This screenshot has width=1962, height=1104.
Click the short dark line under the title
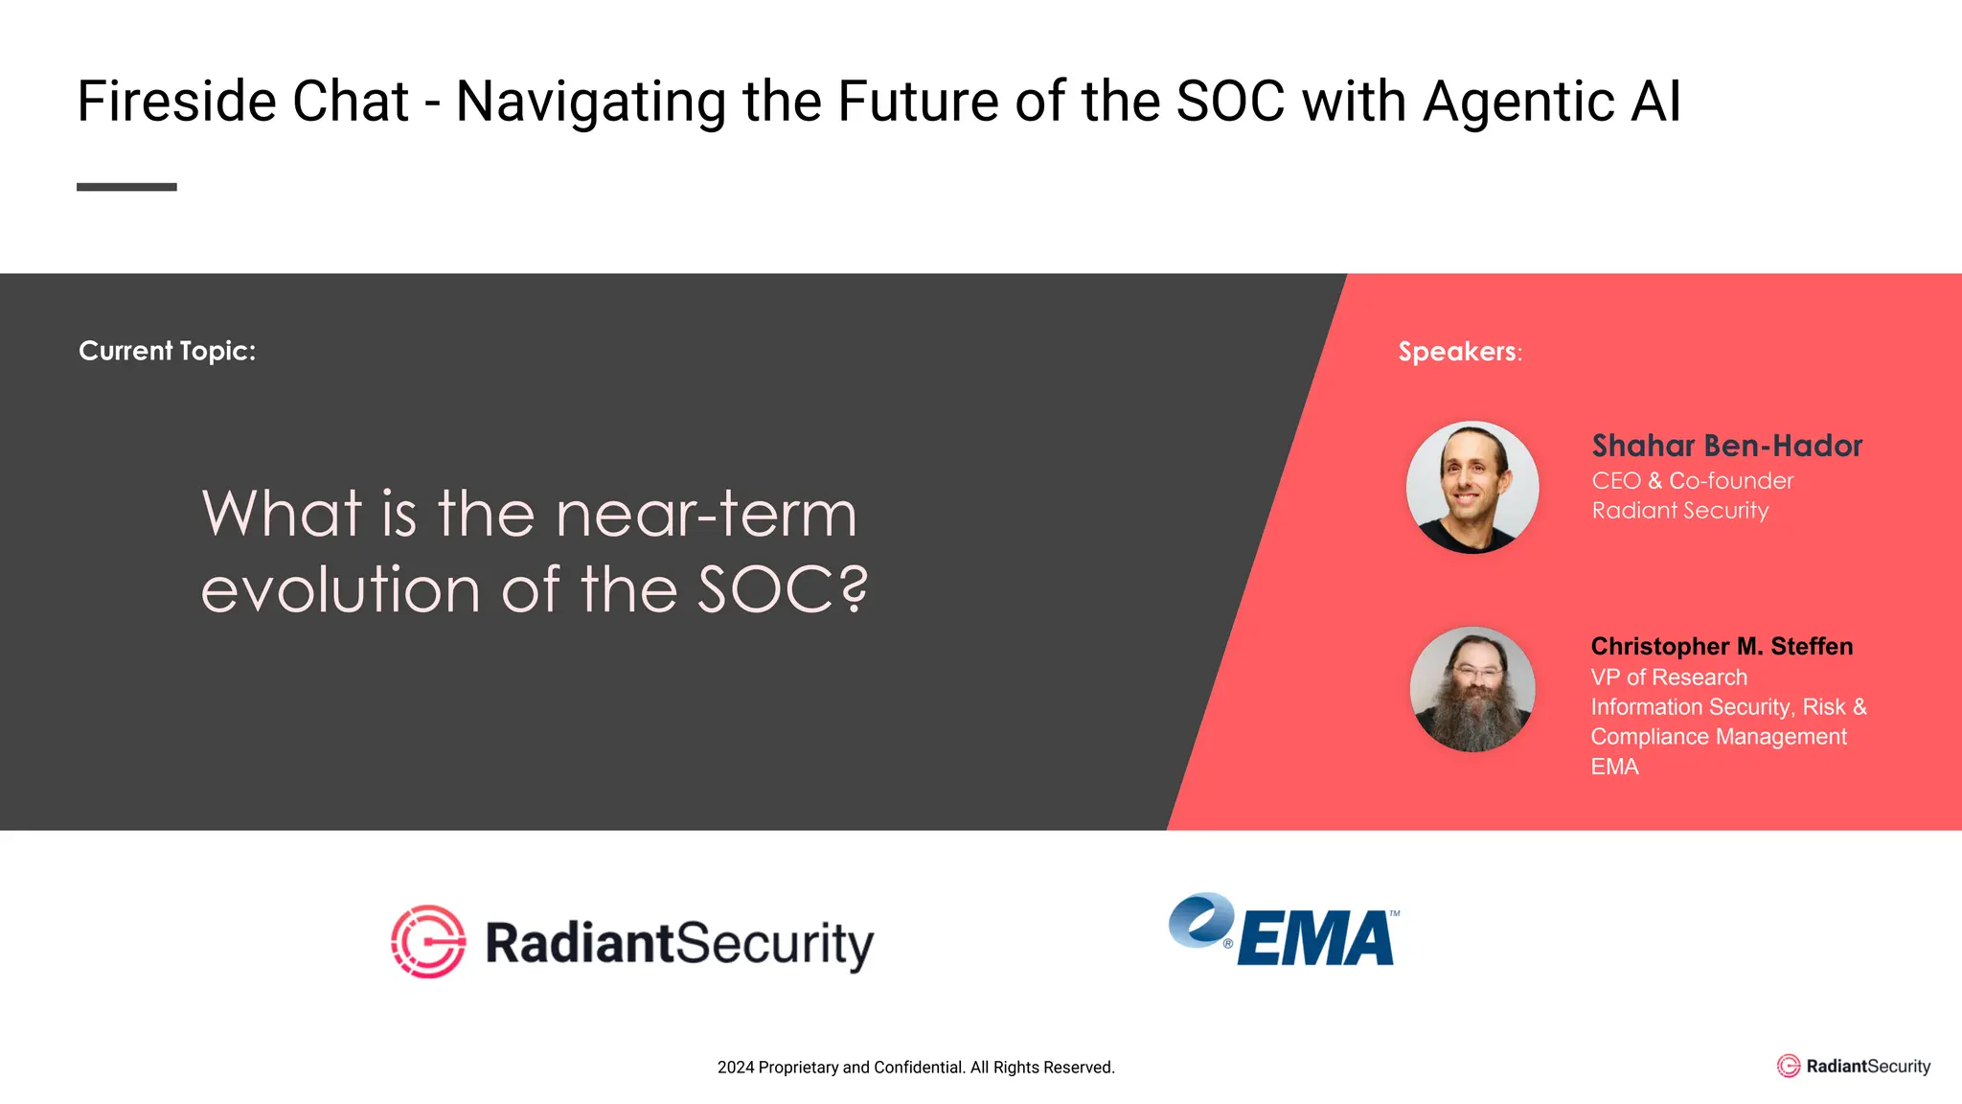(x=126, y=187)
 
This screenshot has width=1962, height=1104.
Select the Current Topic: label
(x=167, y=351)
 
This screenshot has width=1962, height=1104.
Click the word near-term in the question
(x=706, y=515)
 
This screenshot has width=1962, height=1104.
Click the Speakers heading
(x=1458, y=352)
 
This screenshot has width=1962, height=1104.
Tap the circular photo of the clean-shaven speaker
(x=1472, y=487)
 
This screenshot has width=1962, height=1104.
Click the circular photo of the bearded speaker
(x=1472, y=689)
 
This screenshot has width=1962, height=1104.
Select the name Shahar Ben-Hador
(x=1726, y=446)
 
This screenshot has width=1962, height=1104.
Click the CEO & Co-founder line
(x=1692, y=481)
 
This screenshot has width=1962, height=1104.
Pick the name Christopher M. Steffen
(x=1722, y=647)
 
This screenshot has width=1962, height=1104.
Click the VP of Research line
(x=1669, y=678)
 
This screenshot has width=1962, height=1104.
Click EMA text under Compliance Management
(x=1614, y=767)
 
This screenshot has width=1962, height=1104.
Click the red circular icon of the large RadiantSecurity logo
(x=428, y=941)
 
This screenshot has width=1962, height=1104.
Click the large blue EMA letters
(x=1316, y=939)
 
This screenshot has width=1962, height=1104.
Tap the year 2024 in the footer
(x=735, y=1068)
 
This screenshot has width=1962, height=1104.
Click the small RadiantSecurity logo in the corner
(x=1854, y=1067)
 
